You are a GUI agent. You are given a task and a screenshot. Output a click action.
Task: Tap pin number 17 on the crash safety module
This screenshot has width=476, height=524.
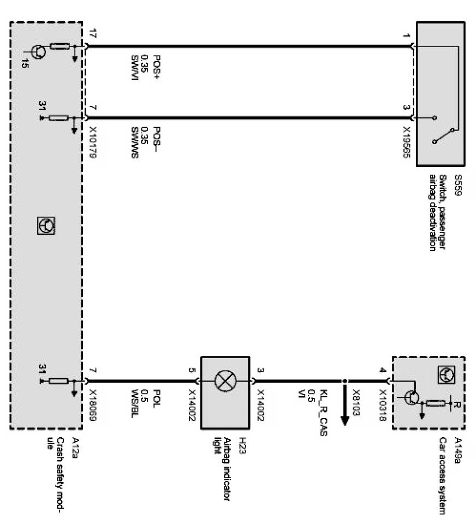(x=91, y=34)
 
